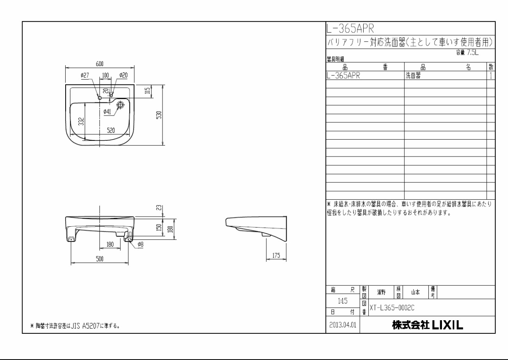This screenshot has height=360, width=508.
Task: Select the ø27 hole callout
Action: (84, 75)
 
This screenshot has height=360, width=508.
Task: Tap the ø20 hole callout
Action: (123, 75)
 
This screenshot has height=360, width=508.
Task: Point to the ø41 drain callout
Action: (107, 112)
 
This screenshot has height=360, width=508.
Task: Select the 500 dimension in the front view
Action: (100, 259)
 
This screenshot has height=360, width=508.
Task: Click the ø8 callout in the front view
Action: (140, 244)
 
